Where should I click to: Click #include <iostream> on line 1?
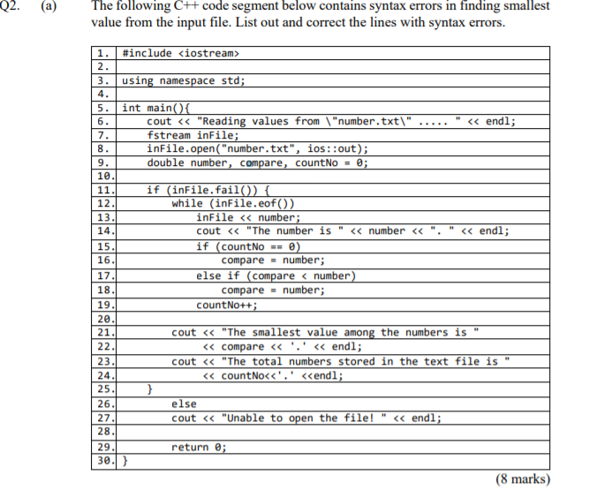click(x=181, y=53)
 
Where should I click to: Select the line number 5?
click(x=102, y=108)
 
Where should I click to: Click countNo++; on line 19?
click(x=227, y=305)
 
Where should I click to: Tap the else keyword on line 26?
click(x=184, y=403)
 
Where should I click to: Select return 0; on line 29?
click(x=199, y=447)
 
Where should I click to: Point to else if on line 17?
click(x=221, y=275)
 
